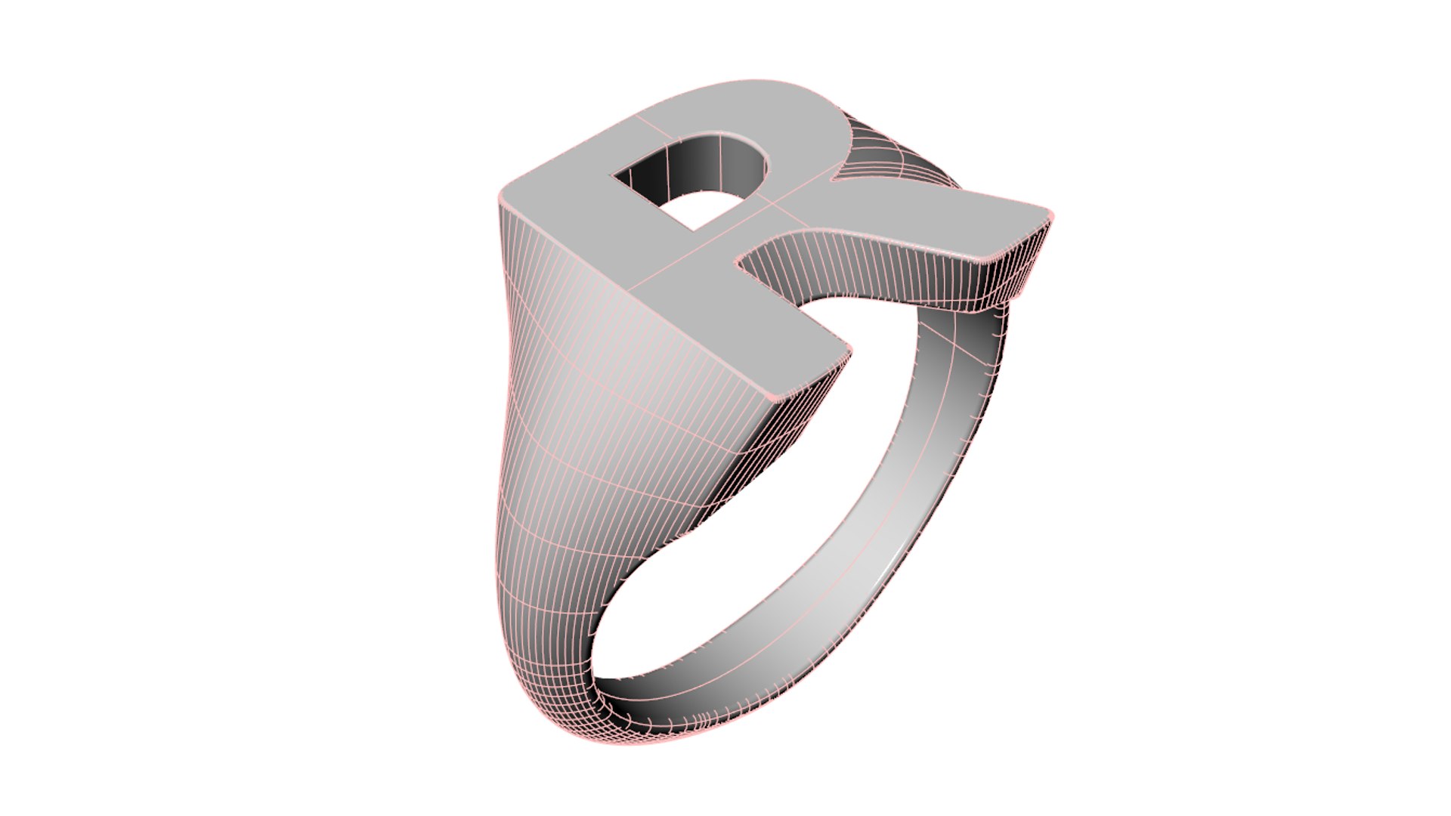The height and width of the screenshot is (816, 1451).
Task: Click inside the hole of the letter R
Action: click(x=691, y=181)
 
